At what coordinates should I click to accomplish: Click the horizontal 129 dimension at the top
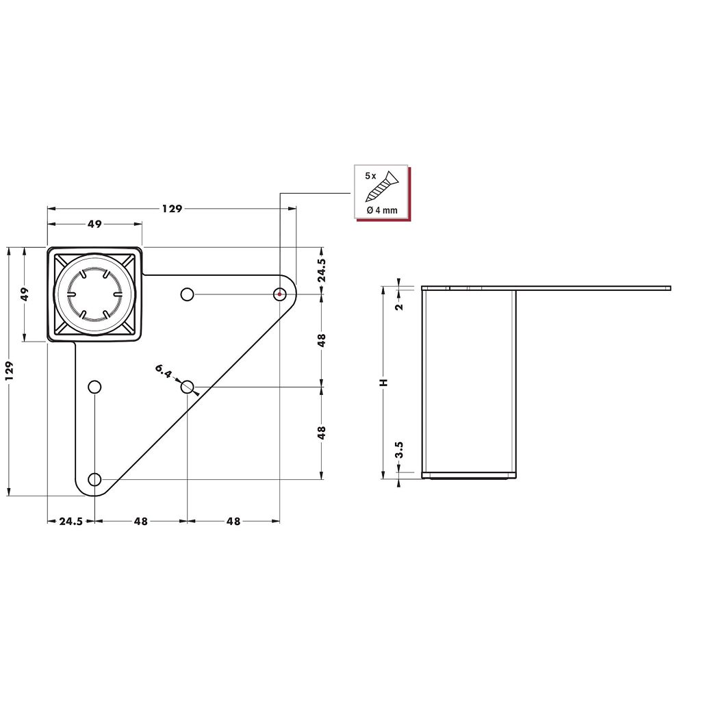coord(172,208)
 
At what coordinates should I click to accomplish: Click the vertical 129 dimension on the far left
coord(10,371)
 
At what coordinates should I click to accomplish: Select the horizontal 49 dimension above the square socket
coord(94,224)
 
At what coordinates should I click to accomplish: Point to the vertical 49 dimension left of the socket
coord(25,294)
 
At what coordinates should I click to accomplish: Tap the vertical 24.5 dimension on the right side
coord(322,270)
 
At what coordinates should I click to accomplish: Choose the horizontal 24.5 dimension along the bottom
coord(71,521)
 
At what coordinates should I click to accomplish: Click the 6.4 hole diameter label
coord(164,371)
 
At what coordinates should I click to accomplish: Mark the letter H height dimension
coord(383,383)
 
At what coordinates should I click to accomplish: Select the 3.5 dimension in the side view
coord(400,449)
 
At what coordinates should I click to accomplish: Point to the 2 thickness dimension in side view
coord(400,306)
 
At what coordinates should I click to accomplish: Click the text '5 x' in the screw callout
coord(370,176)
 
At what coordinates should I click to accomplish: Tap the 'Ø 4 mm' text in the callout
coord(382,210)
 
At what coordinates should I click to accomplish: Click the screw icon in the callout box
coord(382,186)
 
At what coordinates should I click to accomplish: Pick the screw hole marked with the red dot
coord(279,294)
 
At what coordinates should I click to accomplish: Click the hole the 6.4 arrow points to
coord(188,387)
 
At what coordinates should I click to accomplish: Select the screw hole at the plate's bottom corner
coord(94,480)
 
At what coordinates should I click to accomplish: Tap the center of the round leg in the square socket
coord(94,294)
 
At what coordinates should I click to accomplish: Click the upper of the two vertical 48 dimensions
coord(322,340)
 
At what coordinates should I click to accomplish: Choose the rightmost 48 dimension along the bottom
coord(233,521)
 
